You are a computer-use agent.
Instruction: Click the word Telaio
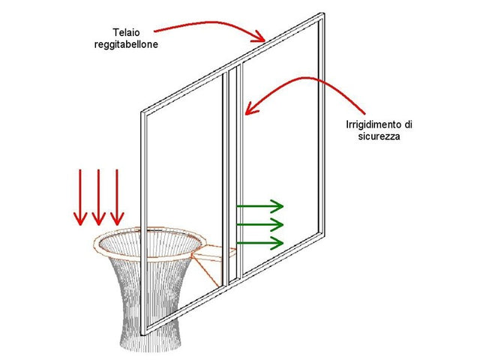(127, 32)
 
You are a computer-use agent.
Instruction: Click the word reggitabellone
(126, 45)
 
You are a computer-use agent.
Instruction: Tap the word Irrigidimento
(374, 124)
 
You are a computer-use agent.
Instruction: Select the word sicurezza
(379, 136)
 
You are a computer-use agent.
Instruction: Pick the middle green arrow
(260, 225)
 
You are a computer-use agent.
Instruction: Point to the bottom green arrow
(260, 243)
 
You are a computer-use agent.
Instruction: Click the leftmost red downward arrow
(80, 197)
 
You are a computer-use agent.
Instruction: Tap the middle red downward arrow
(98, 197)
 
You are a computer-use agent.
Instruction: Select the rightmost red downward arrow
(117, 197)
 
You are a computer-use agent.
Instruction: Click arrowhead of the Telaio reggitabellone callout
(259, 37)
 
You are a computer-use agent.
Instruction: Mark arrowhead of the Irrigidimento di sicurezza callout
(250, 109)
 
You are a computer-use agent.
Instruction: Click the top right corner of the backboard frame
(323, 13)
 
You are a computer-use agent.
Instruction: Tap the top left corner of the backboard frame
(142, 112)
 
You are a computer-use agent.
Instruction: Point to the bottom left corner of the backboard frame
(142, 334)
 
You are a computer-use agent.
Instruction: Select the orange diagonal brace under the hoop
(205, 271)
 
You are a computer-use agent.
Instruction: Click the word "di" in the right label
(408, 124)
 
